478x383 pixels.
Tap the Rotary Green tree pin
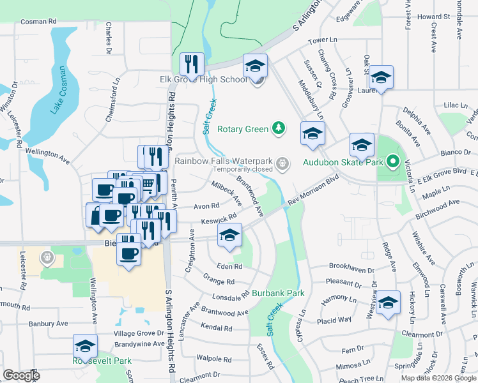278,129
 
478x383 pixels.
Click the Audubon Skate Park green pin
393,162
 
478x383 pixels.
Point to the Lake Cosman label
56,91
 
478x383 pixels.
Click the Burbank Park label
277,293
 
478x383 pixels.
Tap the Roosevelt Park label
102,361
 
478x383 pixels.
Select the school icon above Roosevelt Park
85,345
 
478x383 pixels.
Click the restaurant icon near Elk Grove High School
192,63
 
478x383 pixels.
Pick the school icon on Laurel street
381,77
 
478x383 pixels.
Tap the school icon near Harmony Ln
387,303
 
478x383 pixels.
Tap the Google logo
21,375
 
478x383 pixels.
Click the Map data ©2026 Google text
438,378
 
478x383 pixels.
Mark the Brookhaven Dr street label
349,266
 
